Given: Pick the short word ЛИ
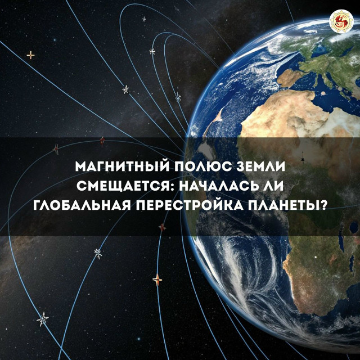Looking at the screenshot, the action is tap(277, 186).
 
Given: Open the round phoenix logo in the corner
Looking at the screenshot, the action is tap(341, 21).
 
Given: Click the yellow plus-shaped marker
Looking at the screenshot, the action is tap(31, 55).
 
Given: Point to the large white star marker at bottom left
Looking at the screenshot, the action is tap(43, 319).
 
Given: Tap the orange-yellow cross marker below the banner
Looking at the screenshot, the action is tap(157, 280).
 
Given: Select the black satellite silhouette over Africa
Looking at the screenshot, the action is tap(303, 159).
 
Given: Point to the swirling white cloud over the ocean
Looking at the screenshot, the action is tap(248, 271).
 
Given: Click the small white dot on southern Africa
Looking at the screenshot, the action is tap(316, 257).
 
